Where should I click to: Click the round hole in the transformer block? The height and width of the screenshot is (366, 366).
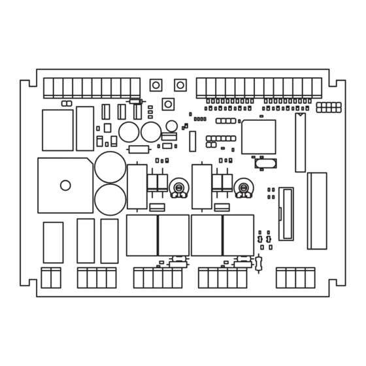click(65, 185)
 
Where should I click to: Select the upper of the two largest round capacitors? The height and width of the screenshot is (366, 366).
click(110, 167)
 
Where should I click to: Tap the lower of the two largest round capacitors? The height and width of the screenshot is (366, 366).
click(110, 199)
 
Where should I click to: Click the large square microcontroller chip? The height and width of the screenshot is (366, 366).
click(258, 137)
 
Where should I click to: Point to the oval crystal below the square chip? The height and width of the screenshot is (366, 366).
click(266, 163)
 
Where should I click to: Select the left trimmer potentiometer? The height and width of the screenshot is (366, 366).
click(178, 189)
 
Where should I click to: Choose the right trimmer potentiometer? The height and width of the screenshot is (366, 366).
click(243, 189)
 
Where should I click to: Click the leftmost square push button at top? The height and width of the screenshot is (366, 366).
click(156, 85)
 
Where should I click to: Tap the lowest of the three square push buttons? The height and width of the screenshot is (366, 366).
click(168, 104)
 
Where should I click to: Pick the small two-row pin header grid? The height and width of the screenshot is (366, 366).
click(329, 107)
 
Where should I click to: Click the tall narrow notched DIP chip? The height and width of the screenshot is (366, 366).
click(300, 142)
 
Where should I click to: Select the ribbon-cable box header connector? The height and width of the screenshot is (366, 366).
click(286, 214)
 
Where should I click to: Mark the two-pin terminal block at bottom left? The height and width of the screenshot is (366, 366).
click(51, 278)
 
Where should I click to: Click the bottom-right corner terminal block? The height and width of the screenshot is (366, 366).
click(295, 278)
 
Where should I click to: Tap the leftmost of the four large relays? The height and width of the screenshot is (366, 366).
click(142, 235)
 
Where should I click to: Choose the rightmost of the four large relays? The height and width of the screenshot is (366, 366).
click(239, 235)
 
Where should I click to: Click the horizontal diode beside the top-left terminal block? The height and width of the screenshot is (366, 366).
click(136, 101)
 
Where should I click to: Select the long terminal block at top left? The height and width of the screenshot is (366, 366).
click(91, 88)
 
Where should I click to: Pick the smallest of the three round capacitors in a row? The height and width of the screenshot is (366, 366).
click(171, 125)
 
